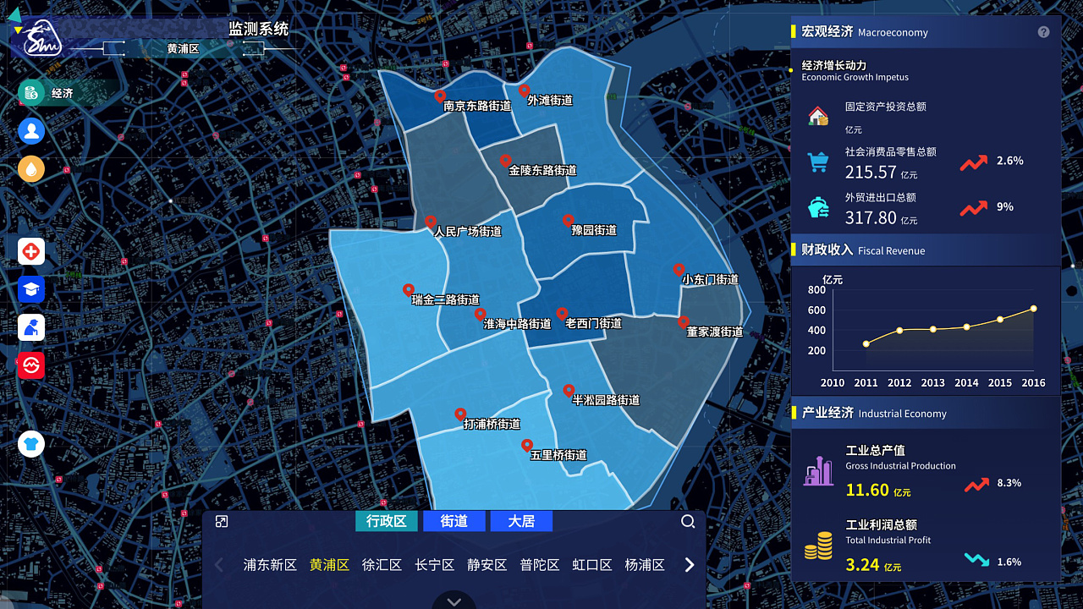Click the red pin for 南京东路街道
440,96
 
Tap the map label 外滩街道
550,100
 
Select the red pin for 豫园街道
569,221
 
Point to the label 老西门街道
594,323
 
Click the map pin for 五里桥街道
526,446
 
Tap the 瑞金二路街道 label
446,299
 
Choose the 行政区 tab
387,521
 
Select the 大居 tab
521,521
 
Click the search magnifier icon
688,521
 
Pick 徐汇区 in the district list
382,565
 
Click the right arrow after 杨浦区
690,565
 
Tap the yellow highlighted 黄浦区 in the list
329,565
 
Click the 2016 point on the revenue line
1033,309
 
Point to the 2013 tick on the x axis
932,382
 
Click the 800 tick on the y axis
816,289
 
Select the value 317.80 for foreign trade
871,217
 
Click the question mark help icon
1043,32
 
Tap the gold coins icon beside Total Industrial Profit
818,547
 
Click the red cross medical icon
31,251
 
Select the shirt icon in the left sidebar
31,443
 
